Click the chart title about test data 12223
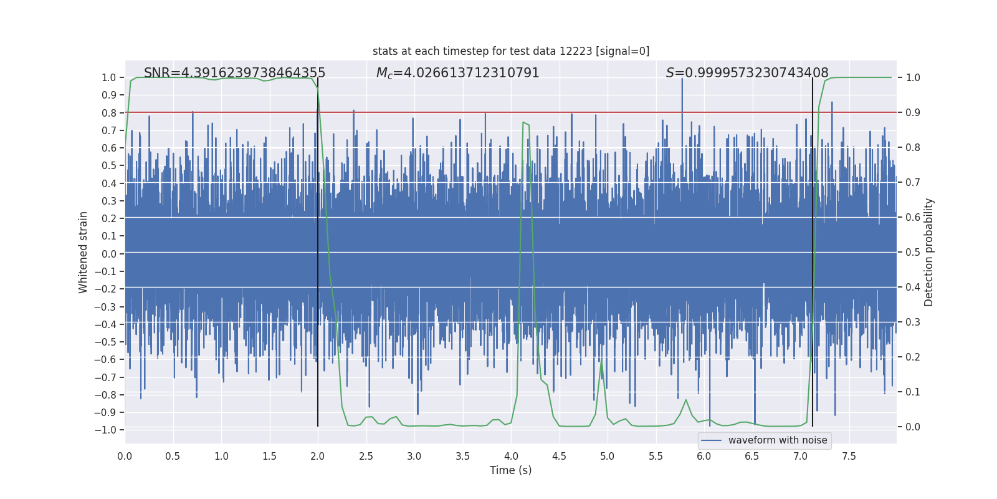[x=511, y=51]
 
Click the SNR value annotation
[x=234, y=73]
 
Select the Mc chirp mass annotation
[x=457, y=73]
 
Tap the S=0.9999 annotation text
[x=747, y=73]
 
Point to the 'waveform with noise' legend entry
[x=777, y=440]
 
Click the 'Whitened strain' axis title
[x=83, y=252]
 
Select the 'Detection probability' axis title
[x=928, y=252]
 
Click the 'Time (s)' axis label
[x=510, y=470]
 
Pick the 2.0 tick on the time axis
[x=318, y=456]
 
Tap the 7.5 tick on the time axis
[x=849, y=456]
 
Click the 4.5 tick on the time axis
[x=559, y=456]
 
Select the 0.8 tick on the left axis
[x=108, y=113]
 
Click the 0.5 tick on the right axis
[x=912, y=252]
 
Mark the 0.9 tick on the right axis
[x=912, y=113]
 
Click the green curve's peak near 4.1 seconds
[x=523, y=123]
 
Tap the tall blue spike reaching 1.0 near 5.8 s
[x=682, y=81]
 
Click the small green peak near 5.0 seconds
[x=601, y=361]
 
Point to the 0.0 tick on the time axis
[x=125, y=456]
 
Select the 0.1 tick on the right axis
[x=912, y=392]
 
